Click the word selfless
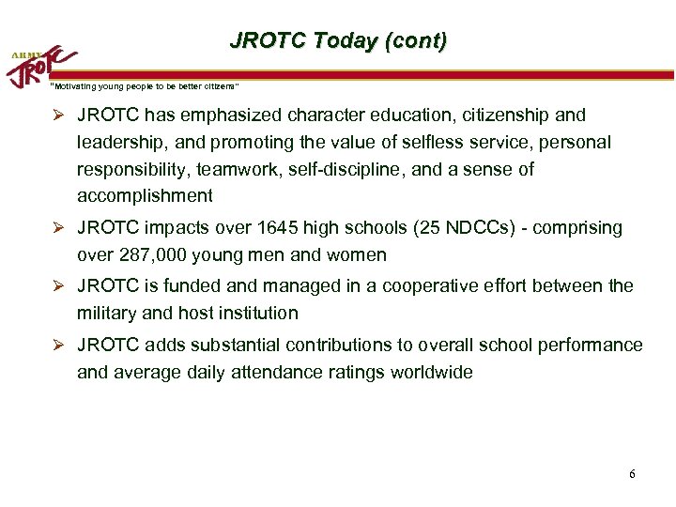[419, 143]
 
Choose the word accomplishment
[146, 196]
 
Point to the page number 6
[632, 473]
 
